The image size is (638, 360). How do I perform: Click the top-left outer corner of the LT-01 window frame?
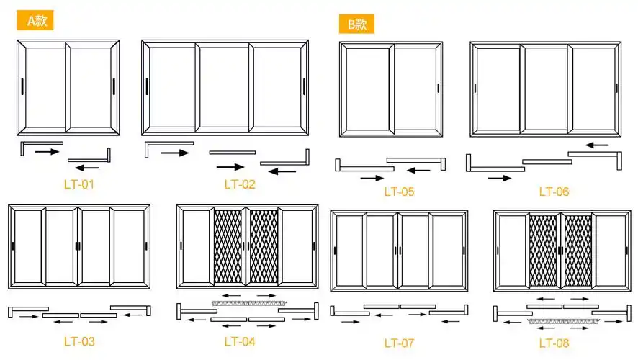tap(17, 40)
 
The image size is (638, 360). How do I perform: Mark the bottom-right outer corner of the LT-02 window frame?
tap(308, 135)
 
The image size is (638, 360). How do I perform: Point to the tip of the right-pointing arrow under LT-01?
tap(59, 152)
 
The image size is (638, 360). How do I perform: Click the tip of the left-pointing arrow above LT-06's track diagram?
tap(586, 145)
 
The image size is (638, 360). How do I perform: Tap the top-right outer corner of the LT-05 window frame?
tap(443, 42)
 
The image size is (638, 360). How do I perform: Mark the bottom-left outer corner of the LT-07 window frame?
tap(331, 292)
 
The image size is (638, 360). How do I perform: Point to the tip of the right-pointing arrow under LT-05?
tap(384, 178)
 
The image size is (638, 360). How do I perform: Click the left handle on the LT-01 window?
tap(22, 86)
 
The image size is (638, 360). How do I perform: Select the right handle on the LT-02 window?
tap(304, 86)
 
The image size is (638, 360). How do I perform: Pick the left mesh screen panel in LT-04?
tap(228, 246)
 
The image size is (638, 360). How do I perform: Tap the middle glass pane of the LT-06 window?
tap(546, 89)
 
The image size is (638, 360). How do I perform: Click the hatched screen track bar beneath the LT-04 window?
tap(249, 303)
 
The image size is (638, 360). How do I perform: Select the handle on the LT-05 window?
tap(439, 88)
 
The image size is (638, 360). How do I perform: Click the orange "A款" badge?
tap(35, 20)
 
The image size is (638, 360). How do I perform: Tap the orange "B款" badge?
tap(357, 24)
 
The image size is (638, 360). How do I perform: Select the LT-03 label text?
tap(79, 342)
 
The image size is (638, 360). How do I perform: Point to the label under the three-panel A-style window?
tap(240, 184)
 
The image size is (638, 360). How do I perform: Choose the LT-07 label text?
tap(399, 343)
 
